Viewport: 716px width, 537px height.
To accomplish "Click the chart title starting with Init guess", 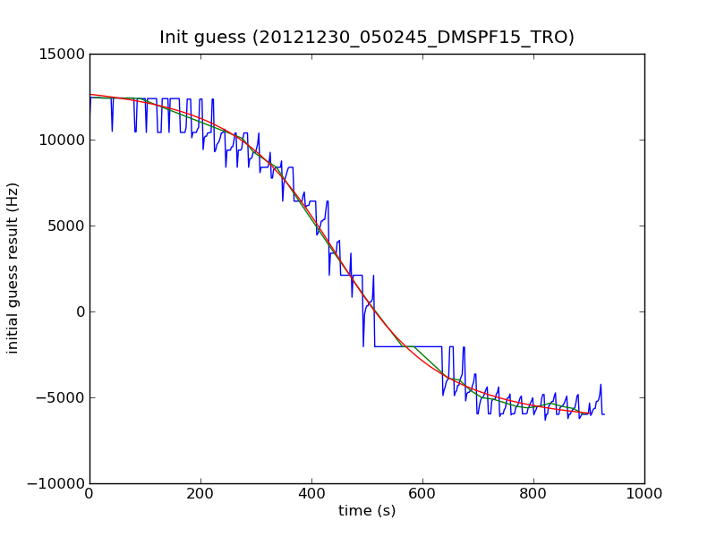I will pyautogui.click(x=367, y=38).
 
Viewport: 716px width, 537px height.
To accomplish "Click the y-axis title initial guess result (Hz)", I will pyautogui.click(x=13, y=268).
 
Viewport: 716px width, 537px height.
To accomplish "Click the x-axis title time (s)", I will pyautogui.click(x=367, y=511).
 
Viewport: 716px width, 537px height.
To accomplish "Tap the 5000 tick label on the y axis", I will pyautogui.click(x=67, y=226).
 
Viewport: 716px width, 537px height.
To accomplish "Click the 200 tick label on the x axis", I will pyautogui.click(x=200, y=493).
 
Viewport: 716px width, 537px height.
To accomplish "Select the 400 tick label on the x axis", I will pyautogui.click(x=311, y=493).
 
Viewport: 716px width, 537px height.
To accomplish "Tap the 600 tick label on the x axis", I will pyautogui.click(x=422, y=493).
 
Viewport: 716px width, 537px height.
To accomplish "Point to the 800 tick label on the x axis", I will pyautogui.click(x=533, y=493).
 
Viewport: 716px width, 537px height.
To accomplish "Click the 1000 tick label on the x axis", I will pyautogui.click(x=644, y=493).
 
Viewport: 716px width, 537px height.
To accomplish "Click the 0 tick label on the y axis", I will pyautogui.click(x=80, y=311).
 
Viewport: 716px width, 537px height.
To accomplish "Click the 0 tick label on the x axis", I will pyautogui.click(x=89, y=493).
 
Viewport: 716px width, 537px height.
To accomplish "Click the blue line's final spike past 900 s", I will pyautogui.click(x=601, y=385).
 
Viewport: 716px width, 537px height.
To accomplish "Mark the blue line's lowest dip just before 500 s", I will pyautogui.click(x=363, y=345).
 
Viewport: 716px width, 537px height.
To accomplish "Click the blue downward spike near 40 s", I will pyautogui.click(x=112, y=131).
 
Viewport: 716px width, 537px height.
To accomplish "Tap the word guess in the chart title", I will pyautogui.click(x=223, y=38).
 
